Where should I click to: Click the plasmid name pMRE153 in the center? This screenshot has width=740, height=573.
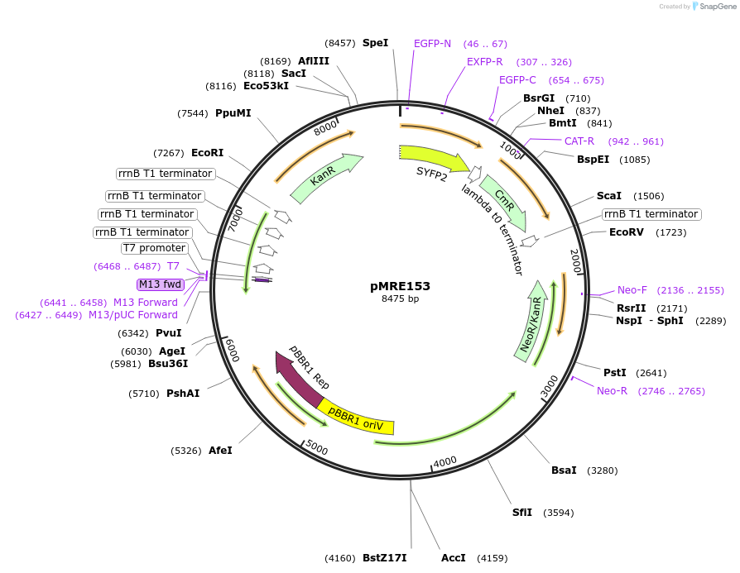coord(400,286)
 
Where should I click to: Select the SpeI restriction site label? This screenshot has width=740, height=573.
coord(375,43)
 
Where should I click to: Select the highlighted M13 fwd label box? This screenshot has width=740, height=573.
coord(161,284)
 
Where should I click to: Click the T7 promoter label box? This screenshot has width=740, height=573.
coord(155,248)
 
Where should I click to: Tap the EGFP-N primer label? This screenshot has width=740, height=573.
coord(432,44)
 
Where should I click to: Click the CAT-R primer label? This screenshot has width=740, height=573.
coord(579,141)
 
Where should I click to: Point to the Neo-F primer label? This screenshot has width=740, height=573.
coord(632,290)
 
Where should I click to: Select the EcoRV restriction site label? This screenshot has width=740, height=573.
coord(626,232)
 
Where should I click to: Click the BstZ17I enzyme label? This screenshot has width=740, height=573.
coord(385,558)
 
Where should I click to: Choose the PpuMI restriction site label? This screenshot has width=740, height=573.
coord(233,113)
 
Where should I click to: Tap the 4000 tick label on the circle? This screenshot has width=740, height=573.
coord(445,461)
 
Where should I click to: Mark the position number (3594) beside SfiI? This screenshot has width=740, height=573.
coord(559,513)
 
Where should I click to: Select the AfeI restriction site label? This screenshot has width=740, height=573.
coord(220,451)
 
